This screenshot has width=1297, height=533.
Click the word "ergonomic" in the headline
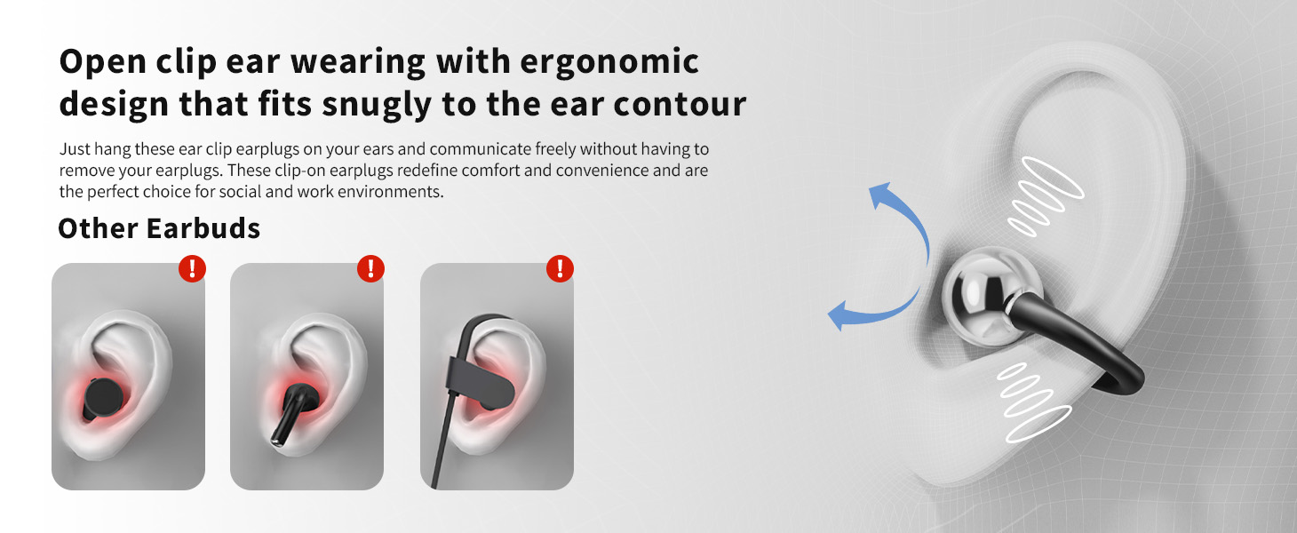click(x=609, y=62)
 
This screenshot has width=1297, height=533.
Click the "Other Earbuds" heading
click(x=159, y=228)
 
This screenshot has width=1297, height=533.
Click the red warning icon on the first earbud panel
click(x=192, y=268)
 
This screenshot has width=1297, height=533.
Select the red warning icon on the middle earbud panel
click(x=370, y=268)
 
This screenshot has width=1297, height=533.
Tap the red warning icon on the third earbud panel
click(x=560, y=268)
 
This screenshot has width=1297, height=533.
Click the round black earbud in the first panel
click(x=103, y=398)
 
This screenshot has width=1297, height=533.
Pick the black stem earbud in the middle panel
click(x=291, y=412)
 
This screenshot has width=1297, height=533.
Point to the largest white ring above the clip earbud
click(x=1052, y=177)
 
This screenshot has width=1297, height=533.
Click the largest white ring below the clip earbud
click(x=1038, y=425)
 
